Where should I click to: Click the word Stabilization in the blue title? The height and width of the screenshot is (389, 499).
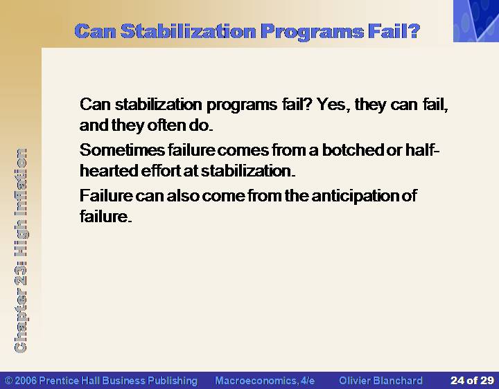click(x=189, y=31)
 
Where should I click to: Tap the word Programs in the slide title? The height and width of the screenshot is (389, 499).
click(x=312, y=32)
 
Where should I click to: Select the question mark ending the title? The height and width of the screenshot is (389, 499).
click(x=414, y=31)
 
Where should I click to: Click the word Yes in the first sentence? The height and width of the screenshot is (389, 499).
click(x=332, y=105)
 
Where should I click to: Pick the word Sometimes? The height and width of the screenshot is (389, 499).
click(x=122, y=150)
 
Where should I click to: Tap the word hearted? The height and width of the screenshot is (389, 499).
click(x=109, y=171)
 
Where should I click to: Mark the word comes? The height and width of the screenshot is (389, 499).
click(x=243, y=150)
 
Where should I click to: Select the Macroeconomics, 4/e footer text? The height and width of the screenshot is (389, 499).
click(x=265, y=381)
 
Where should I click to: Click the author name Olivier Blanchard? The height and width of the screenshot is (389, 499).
click(x=380, y=381)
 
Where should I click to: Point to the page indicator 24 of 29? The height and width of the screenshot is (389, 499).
click(x=472, y=381)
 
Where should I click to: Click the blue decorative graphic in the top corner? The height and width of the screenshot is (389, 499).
click(x=476, y=21)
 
